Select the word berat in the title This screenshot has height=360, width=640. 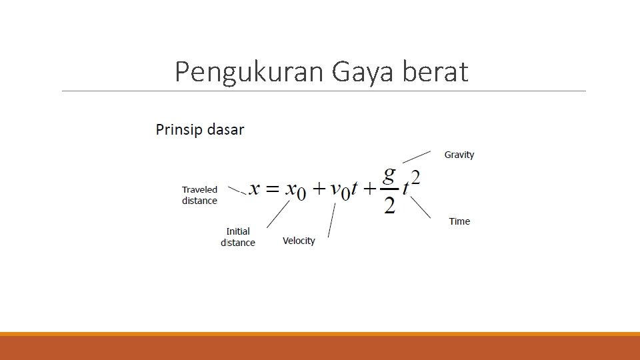tap(435, 72)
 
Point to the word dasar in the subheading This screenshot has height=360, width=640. tap(226, 129)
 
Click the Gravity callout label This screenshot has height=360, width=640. tap(459, 155)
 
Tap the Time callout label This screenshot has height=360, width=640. tap(459, 221)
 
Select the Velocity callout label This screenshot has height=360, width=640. tap(299, 241)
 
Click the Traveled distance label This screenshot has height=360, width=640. tap(199, 195)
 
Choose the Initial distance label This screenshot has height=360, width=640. tap(238, 237)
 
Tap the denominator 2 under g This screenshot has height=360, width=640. tap(389, 205)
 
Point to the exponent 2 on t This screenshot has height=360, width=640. tap(415, 177)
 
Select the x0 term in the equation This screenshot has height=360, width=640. tap(295, 191)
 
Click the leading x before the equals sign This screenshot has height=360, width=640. tap(255, 189)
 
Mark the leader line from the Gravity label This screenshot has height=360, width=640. tap(417, 157)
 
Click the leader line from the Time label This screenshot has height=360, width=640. tap(420, 207)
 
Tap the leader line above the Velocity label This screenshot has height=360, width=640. tap(331, 221)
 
